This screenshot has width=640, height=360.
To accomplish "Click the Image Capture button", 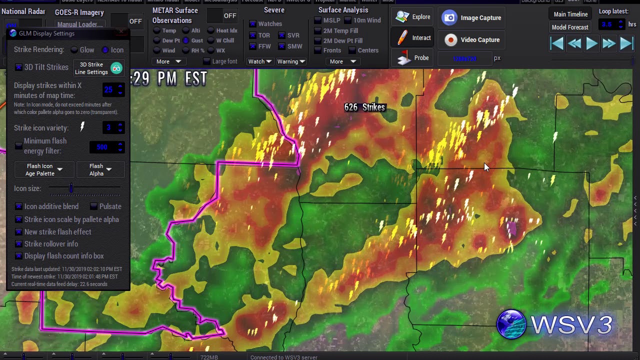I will [x=472, y=18].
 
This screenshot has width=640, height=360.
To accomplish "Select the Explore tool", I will [x=413, y=17].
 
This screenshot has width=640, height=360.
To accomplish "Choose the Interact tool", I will [x=413, y=38].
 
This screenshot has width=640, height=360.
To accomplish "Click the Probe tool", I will [x=413, y=58].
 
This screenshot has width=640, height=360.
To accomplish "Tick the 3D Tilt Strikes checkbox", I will [x=18, y=67].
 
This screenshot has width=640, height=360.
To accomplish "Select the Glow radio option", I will [x=74, y=50].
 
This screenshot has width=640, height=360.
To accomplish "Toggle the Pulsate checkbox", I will [x=94, y=206].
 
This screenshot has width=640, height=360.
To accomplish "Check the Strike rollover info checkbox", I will [x=18, y=244].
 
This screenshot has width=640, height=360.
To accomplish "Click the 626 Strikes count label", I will [x=364, y=107].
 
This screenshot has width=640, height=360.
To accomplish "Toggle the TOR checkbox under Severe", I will [x=253, y=35].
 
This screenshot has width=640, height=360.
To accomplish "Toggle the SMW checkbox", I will [x=282, y=46].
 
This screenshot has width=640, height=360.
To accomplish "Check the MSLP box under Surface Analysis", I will [x=318, y=20].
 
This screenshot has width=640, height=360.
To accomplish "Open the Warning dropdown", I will [x=291, y=61].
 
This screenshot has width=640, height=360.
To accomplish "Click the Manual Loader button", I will [x=79, y=24].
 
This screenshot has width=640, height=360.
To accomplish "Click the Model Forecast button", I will [x=570, y=27].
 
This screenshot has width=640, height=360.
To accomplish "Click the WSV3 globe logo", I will [x=511, y=324].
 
